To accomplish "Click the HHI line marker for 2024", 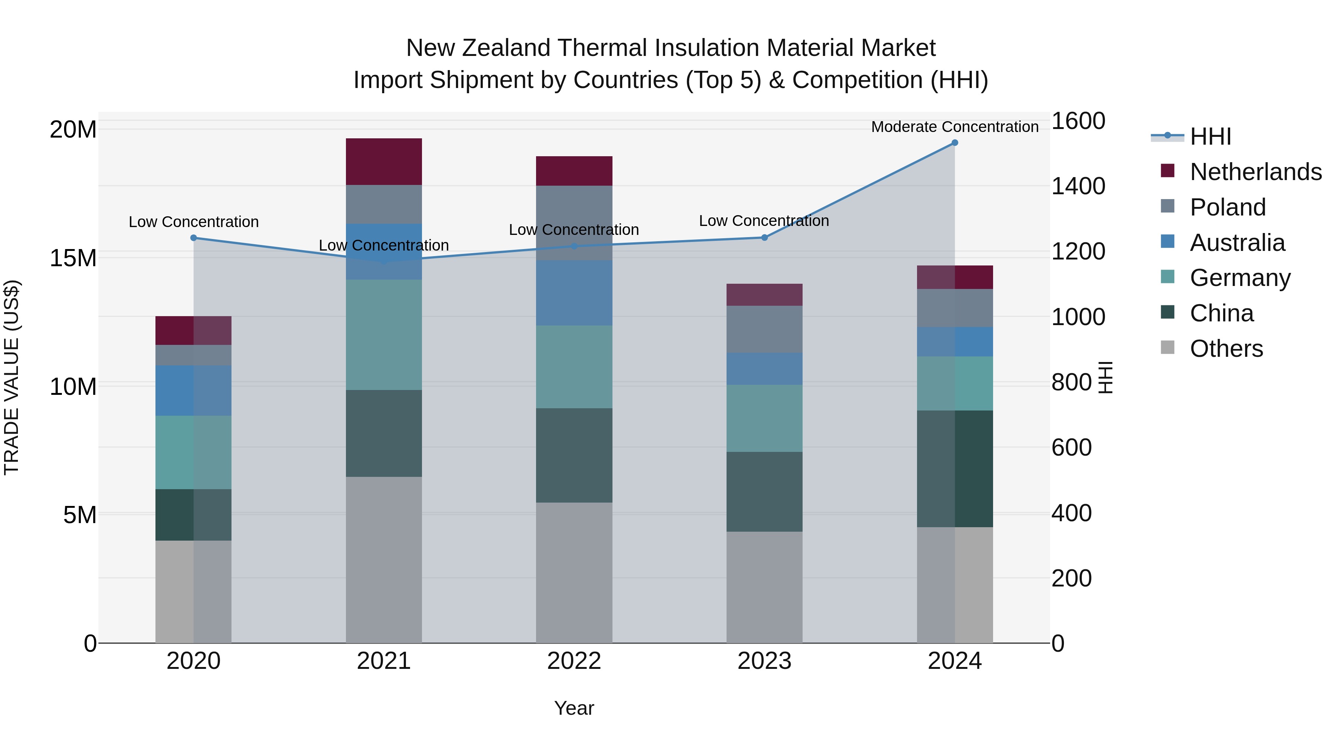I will click(x=954, y=143).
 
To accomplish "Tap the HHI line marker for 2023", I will click(x=764, y=237).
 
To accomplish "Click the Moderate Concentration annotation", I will click(x=954, y=127).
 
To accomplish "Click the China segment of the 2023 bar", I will click(x=764, y=491).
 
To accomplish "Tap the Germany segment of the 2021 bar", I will click(x=384, y=334).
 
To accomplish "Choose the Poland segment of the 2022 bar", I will click(x=574, y=223).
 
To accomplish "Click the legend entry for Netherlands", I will click(x=1256, y=172).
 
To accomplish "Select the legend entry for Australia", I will click(x=1237, y=243).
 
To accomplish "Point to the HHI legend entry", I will click(x=1210, y=136).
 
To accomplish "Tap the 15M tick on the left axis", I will click(x=73, y=258).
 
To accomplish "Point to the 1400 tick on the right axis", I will click(x=1078, y=186).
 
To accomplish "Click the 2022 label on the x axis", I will click(x=574, y=661).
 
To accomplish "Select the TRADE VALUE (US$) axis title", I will click(x=12, y=377).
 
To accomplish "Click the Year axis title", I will click(x=574, y=708).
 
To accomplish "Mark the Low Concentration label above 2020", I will click(x=193, y=222).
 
